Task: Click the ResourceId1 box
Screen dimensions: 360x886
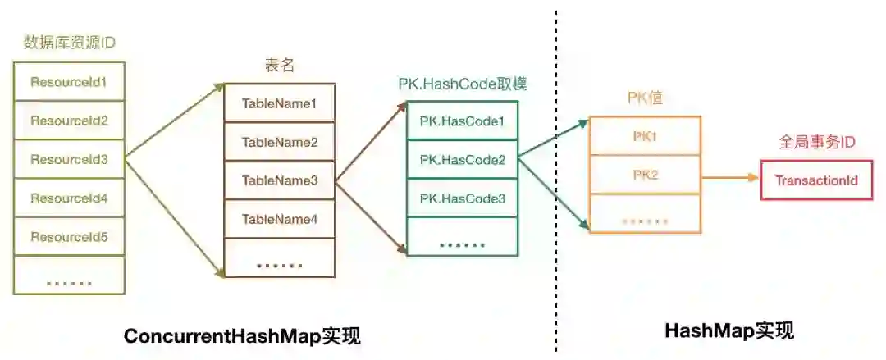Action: [69, 82]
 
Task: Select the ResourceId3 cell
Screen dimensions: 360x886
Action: [69, 159]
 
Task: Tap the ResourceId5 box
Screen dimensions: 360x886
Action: [69, 237]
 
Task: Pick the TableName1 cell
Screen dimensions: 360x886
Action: [279, 103]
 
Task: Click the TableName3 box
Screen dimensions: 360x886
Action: [279, 180]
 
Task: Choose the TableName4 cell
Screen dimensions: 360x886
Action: [279, 219]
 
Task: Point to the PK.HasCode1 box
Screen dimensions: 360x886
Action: [462, 121]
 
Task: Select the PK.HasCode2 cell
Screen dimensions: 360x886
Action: [462, 160]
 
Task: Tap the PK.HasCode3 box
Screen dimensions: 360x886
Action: [462, 198]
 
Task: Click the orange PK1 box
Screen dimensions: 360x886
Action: [645, 136]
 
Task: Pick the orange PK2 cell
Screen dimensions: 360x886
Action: [645, 175]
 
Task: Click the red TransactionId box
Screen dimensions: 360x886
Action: [816, 180]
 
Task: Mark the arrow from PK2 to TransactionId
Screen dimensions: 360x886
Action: [730, 176]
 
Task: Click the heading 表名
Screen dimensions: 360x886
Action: [279, 66]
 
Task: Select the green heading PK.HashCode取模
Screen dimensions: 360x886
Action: [463, 84]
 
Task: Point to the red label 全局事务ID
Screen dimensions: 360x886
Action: [816, 143]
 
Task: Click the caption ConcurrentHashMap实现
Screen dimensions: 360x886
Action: [242, 335]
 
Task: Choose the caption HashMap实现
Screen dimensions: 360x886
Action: [728, 331]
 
